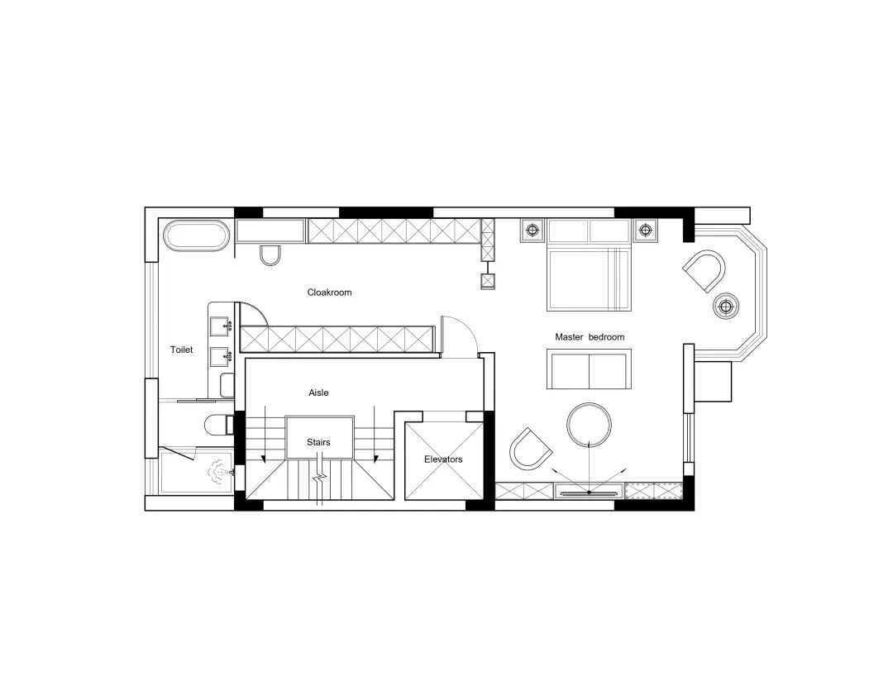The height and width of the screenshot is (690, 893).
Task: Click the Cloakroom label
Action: [329, 293]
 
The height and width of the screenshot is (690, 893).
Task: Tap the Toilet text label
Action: [181, 350]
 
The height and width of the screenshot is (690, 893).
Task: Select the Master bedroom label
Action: [590, 337]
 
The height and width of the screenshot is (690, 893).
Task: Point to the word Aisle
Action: [318, 393]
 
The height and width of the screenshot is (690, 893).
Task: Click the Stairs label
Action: [318, 443]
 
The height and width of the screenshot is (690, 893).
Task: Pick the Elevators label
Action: [442, 459]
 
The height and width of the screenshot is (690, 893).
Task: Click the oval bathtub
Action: [196, 236]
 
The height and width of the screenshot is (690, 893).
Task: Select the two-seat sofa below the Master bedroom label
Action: [589, 369]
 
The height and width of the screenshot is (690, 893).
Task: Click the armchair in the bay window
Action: [704, 270]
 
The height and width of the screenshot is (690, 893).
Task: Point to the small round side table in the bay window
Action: [726, 306]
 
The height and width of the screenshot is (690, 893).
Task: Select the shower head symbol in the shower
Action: [219, 472]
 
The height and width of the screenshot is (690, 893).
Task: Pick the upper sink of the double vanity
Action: [222, 325]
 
